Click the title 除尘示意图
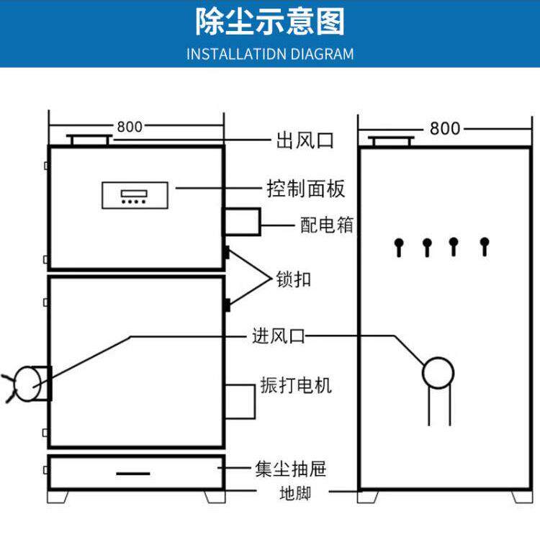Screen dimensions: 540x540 click(270, 22)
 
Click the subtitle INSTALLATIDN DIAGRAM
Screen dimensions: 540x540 click(270, 54)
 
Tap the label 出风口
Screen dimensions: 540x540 click(305, 140)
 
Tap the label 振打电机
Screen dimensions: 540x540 click(296, 385)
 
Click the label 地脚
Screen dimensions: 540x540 click(295, 494)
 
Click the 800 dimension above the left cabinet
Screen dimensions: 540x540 click(130, 127)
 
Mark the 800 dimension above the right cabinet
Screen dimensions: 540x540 click(445, 128)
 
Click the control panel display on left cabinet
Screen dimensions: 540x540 click(135, 195)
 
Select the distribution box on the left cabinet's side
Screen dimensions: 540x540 click(241, 221)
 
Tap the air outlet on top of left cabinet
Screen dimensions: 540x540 click(89, 139)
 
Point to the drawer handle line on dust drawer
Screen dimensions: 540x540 click(133, 473)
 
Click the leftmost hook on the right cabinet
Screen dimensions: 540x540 click(397, 246)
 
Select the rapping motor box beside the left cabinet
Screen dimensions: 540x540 click(240, 400)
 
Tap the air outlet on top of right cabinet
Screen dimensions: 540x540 click(390, 140)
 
